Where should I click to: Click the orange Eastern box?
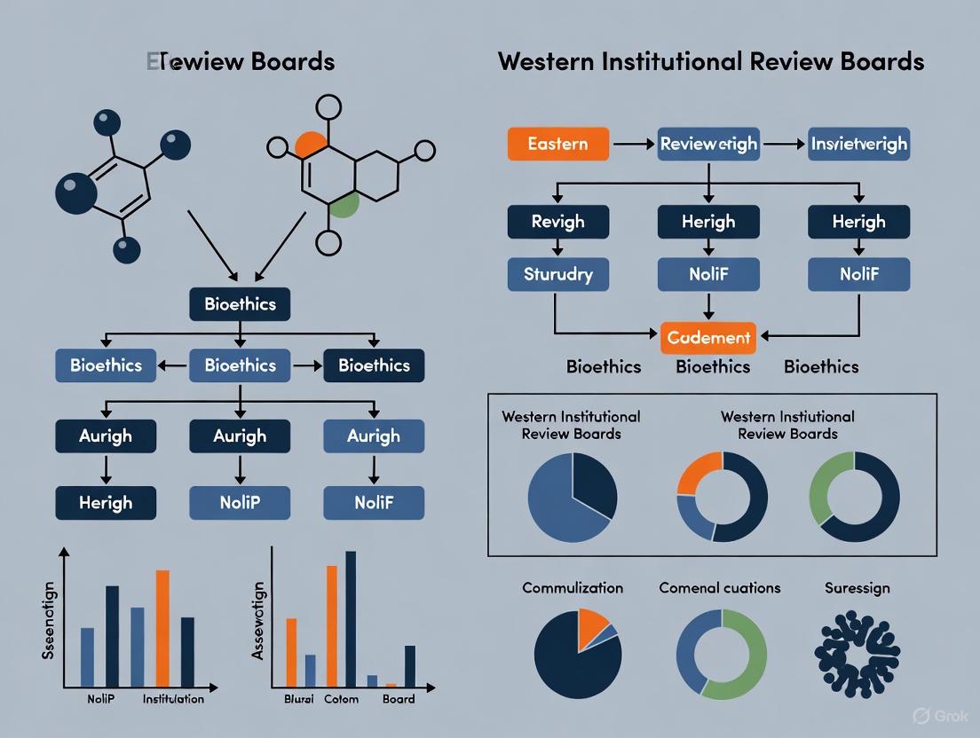[557, 144]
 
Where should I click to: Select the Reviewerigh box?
[708, 144]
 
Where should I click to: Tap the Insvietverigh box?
[858, 144]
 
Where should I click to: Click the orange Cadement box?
[708, 337]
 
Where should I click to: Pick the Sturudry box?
[557, 274]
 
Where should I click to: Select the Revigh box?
[557, 222]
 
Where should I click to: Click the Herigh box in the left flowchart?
[106, 502]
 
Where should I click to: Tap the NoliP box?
[240, 502]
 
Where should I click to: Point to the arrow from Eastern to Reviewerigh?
[633, 144]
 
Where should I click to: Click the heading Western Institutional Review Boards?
[711, 61]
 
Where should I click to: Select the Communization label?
[573, 588]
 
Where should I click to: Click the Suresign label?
[857, 588]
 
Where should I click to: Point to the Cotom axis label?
[341, 699]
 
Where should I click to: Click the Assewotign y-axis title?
[258, 621]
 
